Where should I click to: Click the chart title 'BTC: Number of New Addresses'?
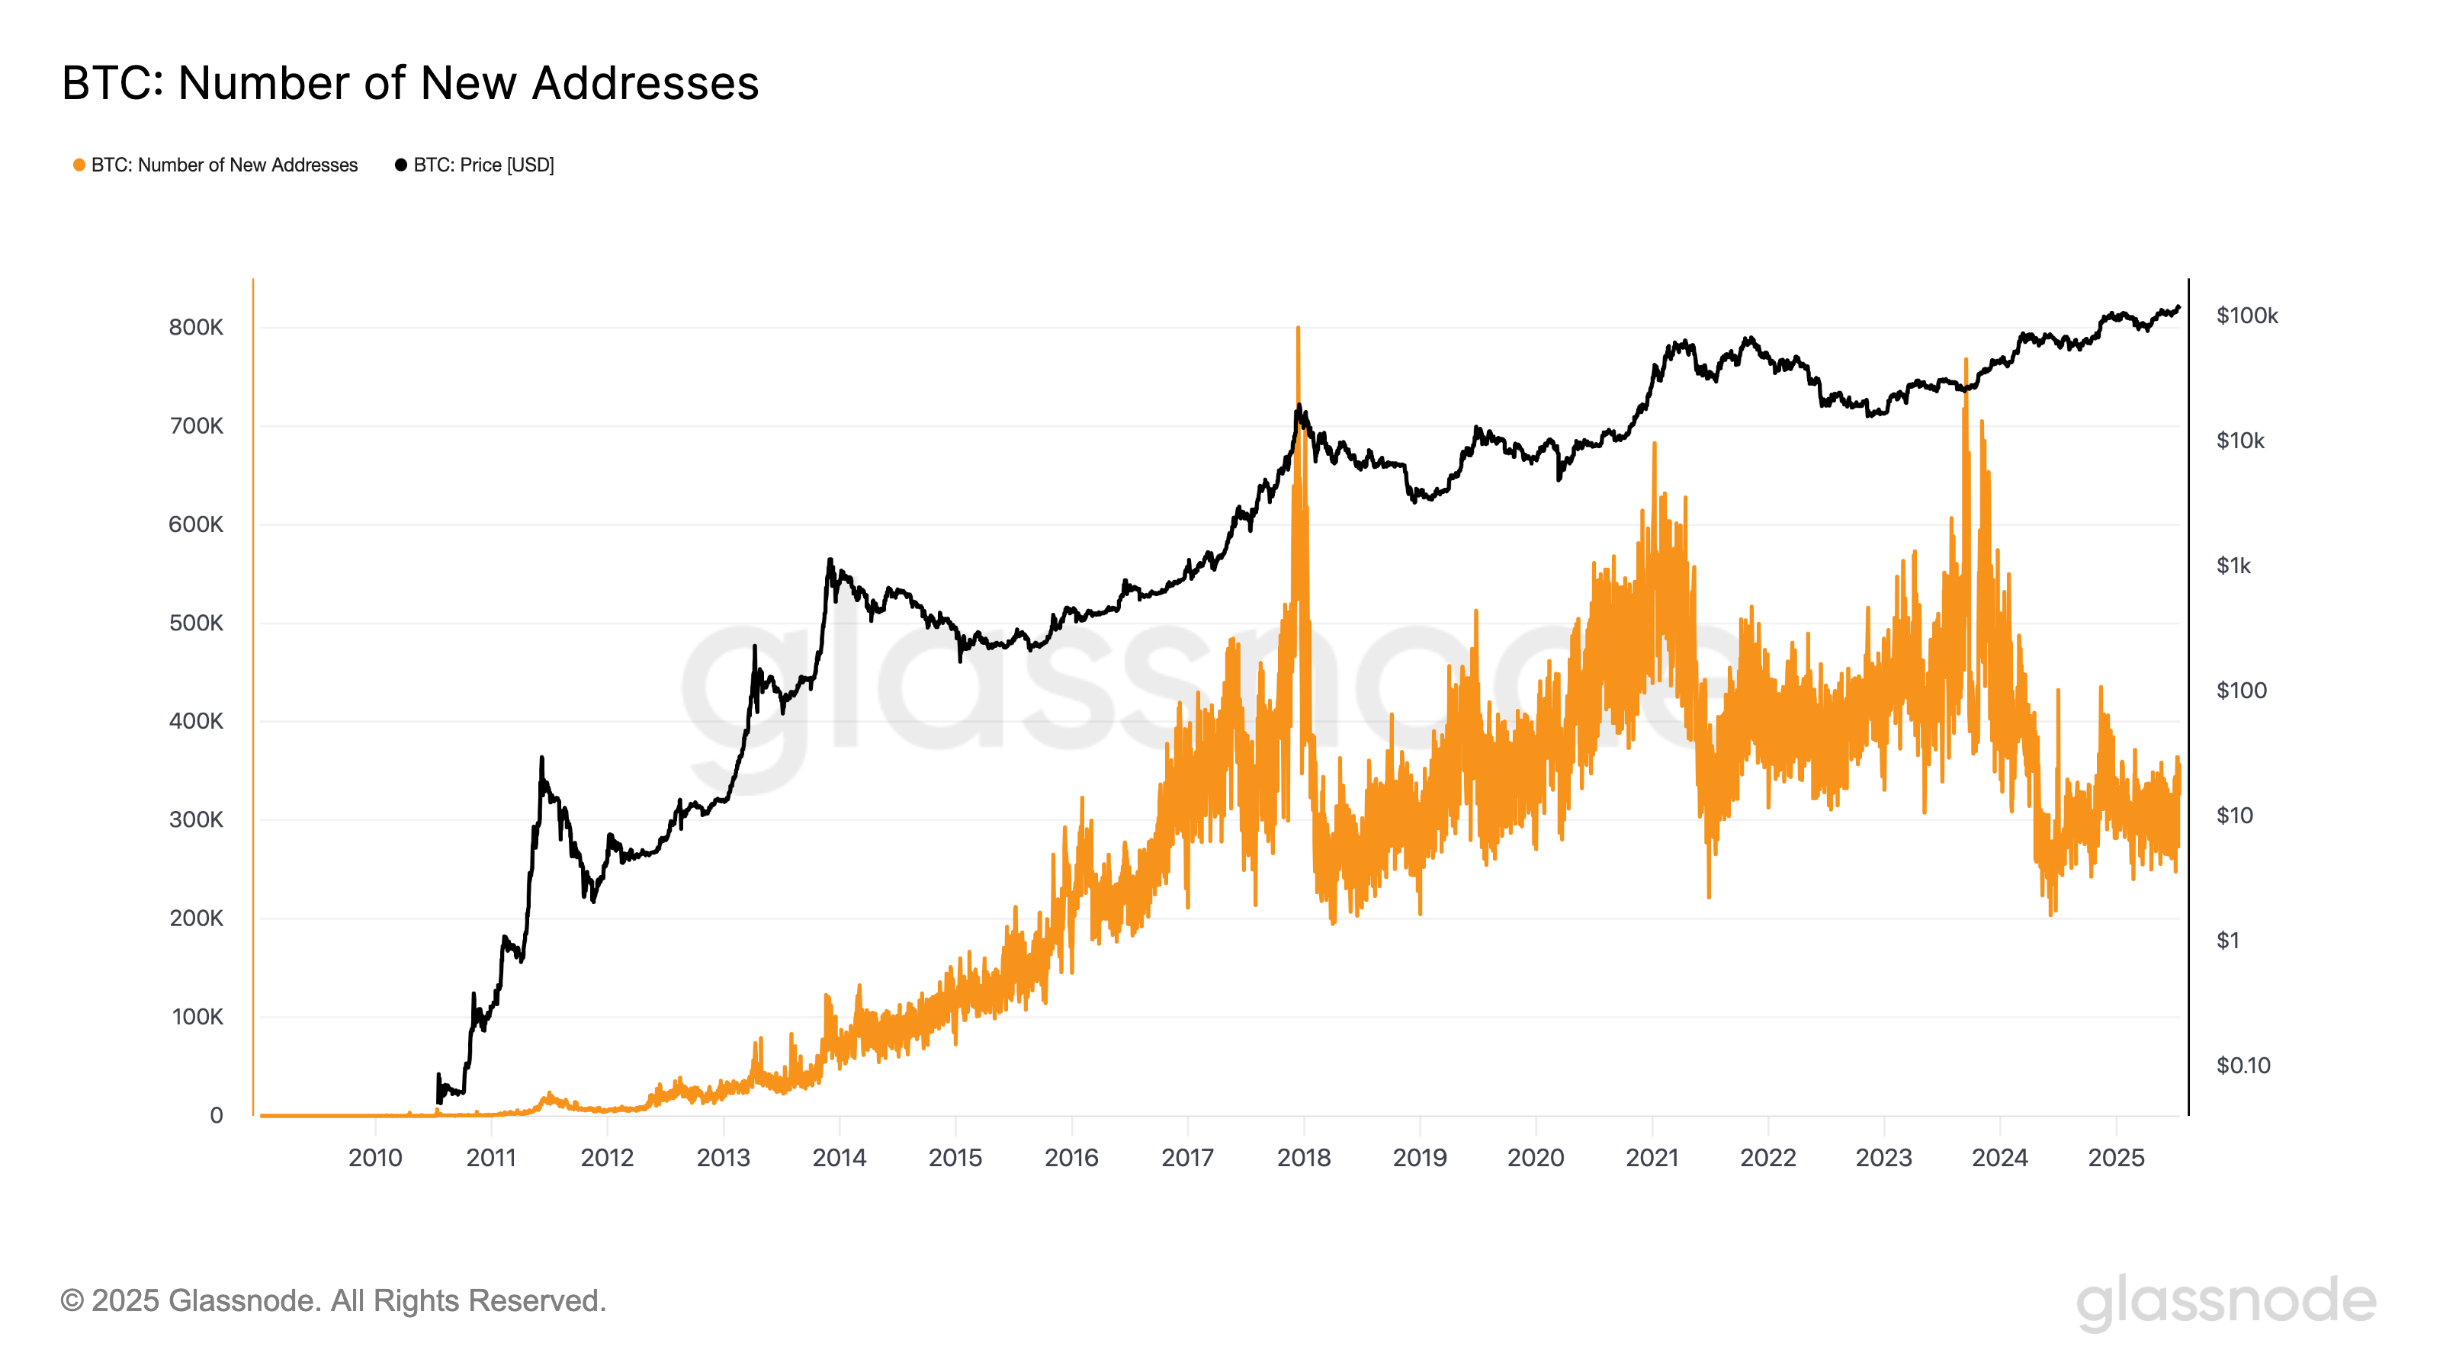coord(410,83)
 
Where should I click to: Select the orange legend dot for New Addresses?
coord(79,165)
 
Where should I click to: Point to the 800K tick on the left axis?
coord(196,328)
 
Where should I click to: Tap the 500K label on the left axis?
coord(196,623)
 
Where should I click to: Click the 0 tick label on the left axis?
coord(216,1115)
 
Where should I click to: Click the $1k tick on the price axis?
coord(2233,566)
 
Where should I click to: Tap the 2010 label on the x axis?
coord(375,1157)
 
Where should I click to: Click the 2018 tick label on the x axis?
coord(1303,1157)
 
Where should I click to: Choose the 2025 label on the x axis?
coord(2116,1157)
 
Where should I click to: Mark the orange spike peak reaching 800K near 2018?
coord(1298,329)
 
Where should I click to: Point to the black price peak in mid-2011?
coord(542,758)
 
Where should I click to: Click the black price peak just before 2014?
coord(830,559)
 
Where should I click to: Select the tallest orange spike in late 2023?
coord(1966,360)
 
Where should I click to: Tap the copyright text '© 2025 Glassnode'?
coord(332,1300)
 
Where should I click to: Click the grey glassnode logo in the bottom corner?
coord(2226,1301)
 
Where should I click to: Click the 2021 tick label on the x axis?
coord(1652,1157)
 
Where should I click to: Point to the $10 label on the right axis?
coord(2233,816)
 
